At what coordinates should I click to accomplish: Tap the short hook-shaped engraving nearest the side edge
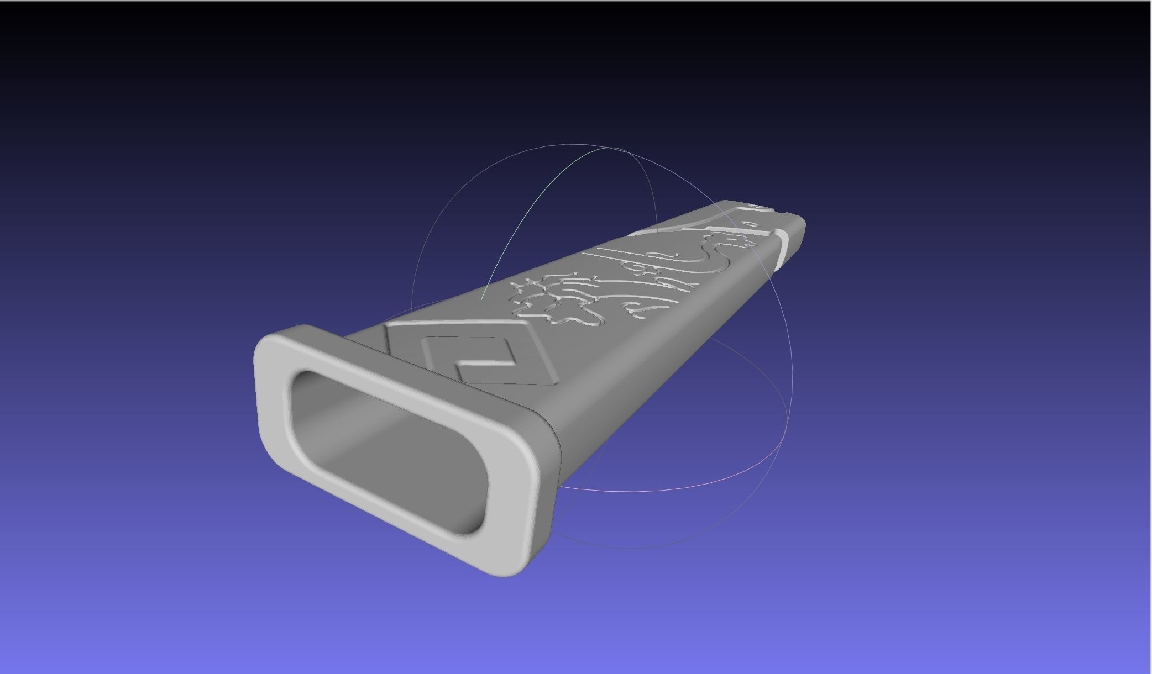636,313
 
